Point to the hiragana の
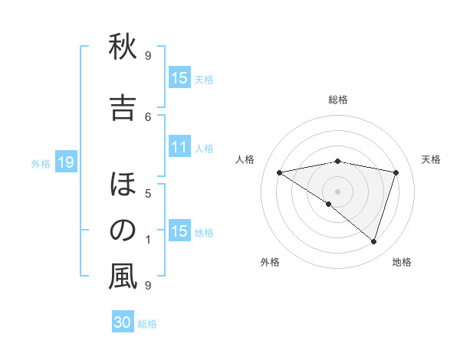coord(123,230)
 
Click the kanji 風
coord(123,277)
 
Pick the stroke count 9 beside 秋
coord(148,55)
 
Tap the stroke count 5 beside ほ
coord(148,193)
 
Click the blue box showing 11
coord(179,147)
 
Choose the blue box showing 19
coord(65,162)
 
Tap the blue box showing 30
coord(123,322)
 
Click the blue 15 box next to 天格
coord(179,77)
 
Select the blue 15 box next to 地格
coord(179,231)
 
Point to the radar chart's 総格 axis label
coord(338,100)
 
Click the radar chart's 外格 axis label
coord(270,263)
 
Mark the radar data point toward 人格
coord(280,172)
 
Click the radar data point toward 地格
coord(373,241)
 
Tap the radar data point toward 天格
coord(396,172)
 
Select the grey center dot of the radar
coord(337,191)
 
